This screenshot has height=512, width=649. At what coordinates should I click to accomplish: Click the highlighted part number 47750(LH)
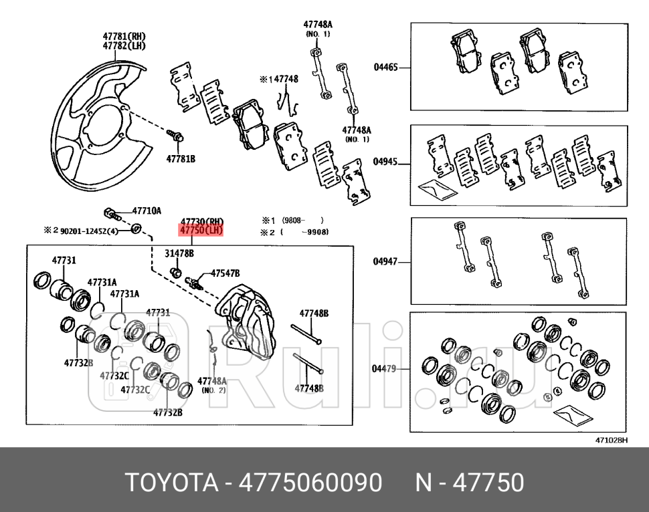201,231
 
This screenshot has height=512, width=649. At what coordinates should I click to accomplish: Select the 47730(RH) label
201,222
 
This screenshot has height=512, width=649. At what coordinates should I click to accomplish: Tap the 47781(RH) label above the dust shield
124,36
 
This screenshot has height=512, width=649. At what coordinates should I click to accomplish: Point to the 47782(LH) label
124,45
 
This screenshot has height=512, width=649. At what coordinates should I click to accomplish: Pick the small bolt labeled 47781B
177,136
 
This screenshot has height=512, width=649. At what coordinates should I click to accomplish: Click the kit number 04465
385,67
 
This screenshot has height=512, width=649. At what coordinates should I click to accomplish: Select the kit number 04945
385,162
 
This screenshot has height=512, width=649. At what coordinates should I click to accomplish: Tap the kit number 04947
385,262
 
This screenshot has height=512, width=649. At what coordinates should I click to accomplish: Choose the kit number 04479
384,368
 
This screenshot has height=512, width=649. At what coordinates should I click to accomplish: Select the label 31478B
179,254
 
